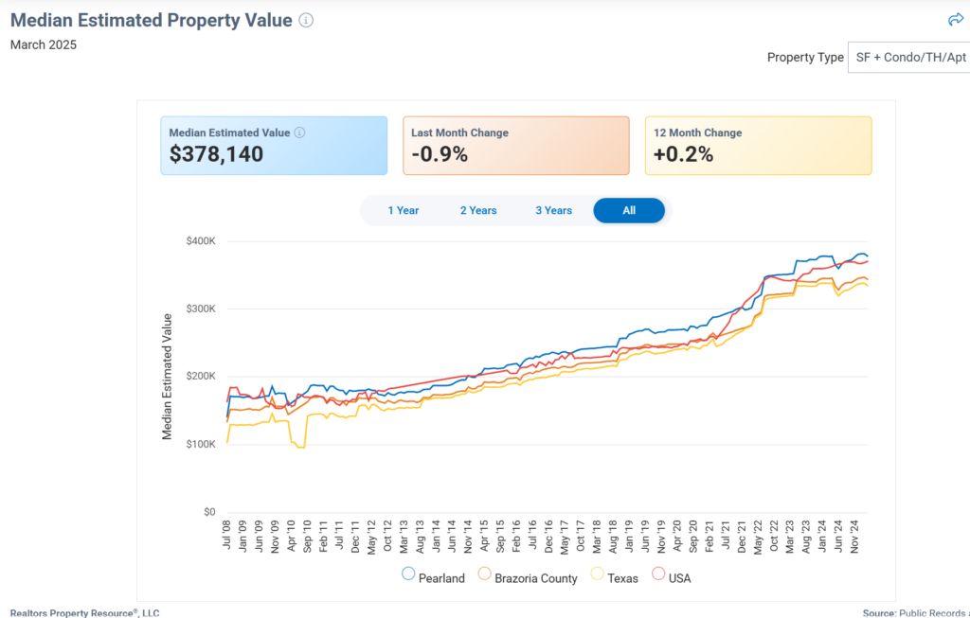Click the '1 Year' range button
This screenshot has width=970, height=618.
pos(404,210)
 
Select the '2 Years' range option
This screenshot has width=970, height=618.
pos(478,210)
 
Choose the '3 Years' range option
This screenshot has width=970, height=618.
pos(553,210)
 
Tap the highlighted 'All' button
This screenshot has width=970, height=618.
pos(629,210)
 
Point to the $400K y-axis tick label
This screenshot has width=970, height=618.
pos(201,240)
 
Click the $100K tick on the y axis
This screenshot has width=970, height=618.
pos(201,444)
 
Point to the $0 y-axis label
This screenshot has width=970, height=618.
pos(209,512)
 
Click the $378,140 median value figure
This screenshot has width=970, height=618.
pos(216,154)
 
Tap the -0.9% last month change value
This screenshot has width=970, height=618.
pos(440,154)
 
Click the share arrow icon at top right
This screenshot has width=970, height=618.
pos(956,20)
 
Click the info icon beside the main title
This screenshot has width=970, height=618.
pos(306,20)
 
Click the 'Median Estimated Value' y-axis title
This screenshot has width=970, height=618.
pos(168,376)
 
